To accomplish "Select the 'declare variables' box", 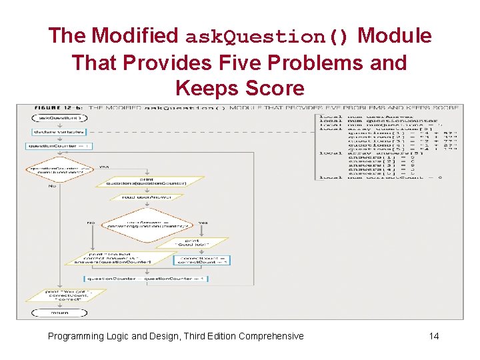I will tap(51, 132).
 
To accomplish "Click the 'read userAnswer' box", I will tap(146, 197).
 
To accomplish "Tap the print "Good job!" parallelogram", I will tap(192, 244).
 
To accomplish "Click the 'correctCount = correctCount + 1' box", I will tap(204, 260).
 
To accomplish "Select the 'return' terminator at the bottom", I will tap(59, 311).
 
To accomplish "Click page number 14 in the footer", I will tap(434, 336).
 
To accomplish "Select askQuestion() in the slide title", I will tap(267, 36).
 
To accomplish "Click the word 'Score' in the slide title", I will tap(273, 88).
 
